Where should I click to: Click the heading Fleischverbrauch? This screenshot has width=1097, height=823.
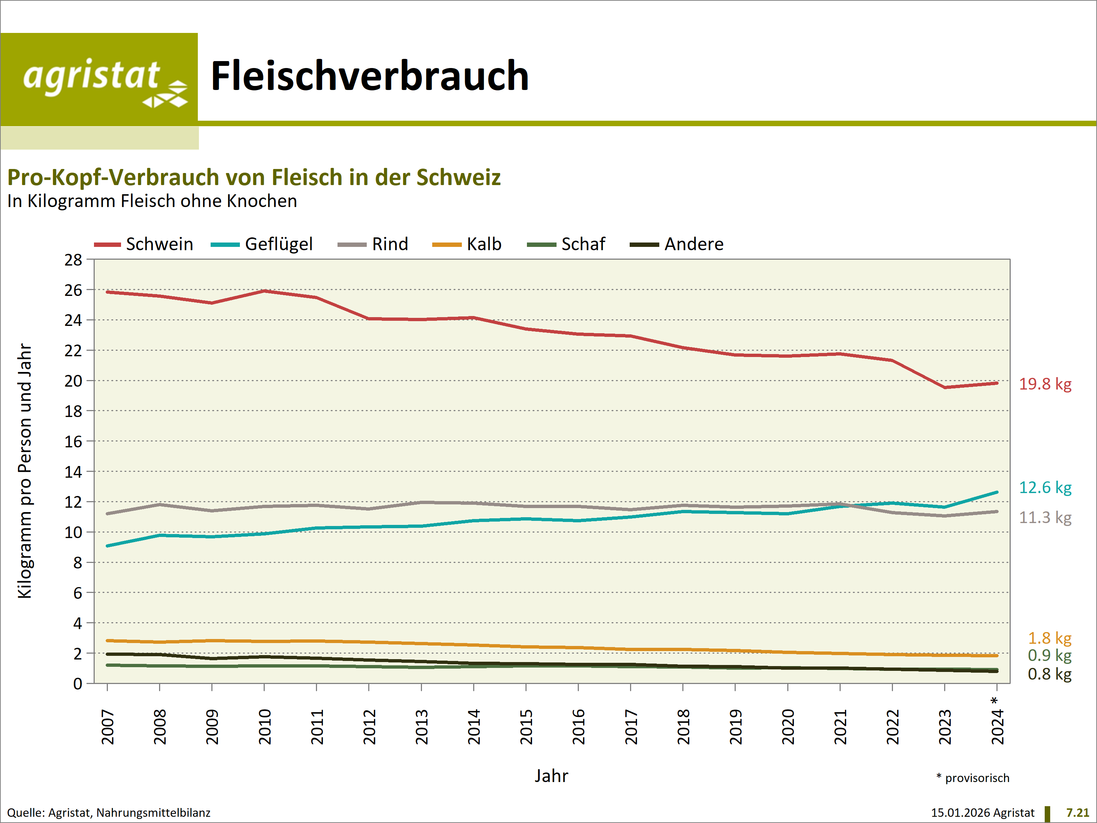pos(369,76)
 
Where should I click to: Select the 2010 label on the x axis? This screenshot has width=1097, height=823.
pos(265,727)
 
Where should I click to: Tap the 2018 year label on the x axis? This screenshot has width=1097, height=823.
pos(683,727)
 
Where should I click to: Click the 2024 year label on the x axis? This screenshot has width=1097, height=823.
pos(997,727)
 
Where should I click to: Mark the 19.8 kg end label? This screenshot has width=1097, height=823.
pos(1045,384)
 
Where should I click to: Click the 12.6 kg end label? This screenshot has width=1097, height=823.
pos(1045,488)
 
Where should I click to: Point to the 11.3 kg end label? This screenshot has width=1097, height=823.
pos(1045,518)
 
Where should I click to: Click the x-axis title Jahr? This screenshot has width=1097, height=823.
pos(551,776)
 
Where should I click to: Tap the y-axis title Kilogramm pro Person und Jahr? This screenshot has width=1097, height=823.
pos(25,471)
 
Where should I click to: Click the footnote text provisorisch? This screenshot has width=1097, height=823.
pos(976,778)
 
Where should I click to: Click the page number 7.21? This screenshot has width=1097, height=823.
pos(1077,813)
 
